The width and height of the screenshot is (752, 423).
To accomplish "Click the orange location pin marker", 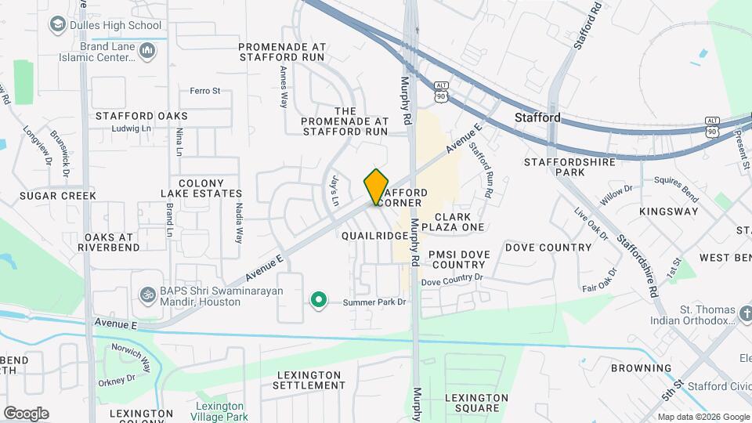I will tap(376, 186).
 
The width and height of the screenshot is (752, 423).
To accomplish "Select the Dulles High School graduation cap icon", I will tap(56, 25).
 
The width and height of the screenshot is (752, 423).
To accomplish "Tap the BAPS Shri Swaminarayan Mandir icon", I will tap(145, 296).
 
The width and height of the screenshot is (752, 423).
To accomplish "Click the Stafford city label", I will tap(537, 117).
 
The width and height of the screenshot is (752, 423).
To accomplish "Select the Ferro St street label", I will tap(205, 91).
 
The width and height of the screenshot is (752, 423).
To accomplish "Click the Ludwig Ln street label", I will tap(131, 129).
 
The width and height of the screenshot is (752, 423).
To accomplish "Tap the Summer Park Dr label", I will tap(375, 302).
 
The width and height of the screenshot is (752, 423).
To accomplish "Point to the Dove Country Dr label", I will tap(452, 280).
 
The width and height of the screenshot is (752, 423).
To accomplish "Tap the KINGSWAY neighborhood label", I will tap(668, 211).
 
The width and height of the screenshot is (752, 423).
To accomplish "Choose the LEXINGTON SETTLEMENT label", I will tap(310, 380).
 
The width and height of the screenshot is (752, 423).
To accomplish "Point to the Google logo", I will tap(26, 413).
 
